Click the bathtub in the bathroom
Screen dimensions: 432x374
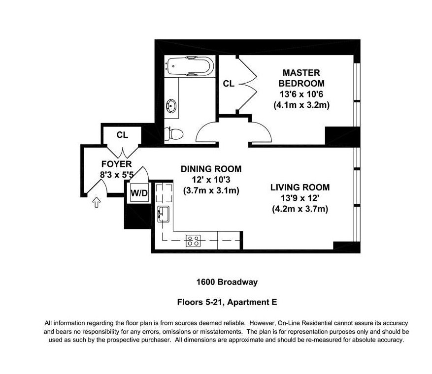pos(190,66)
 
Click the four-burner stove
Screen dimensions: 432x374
pos(193,241)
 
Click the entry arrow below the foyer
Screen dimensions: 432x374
pos(96,202)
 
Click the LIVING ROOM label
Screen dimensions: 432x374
pos(300,187)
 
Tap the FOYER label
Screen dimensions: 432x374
pos(116,164)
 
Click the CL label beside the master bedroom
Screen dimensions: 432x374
pos(229,84)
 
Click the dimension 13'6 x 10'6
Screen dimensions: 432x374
pos(301,94)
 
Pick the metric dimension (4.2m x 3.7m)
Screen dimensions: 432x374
pos(300,209)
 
